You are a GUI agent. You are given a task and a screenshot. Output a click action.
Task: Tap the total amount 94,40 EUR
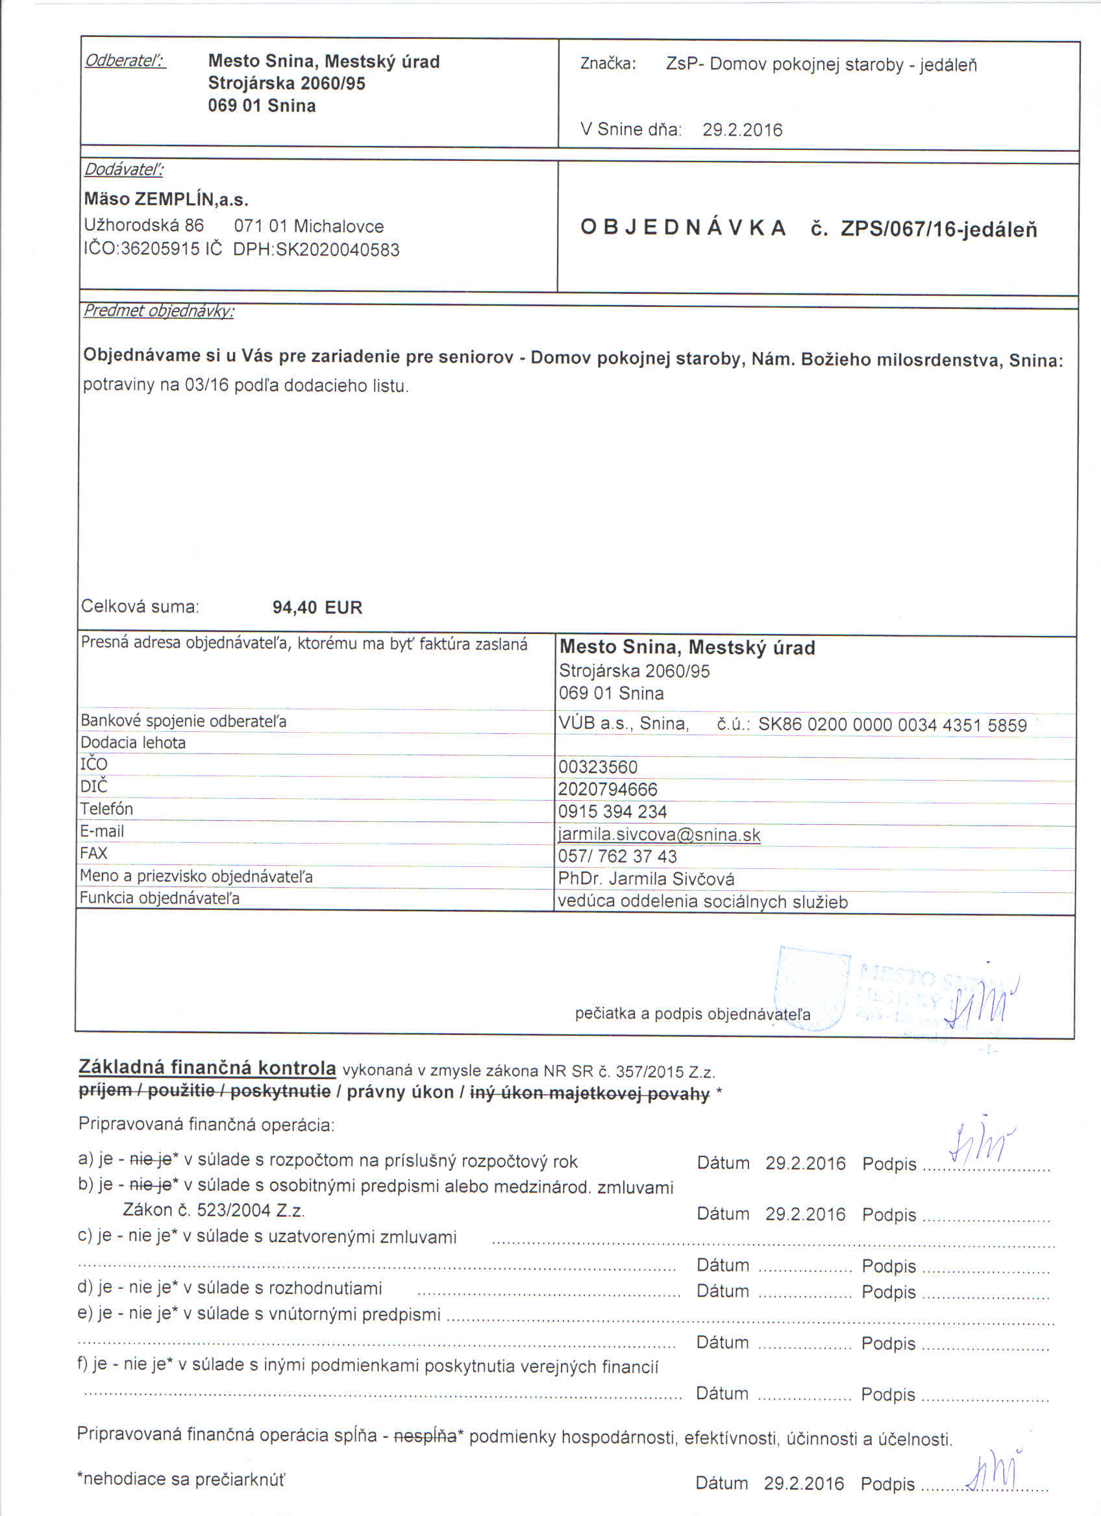tap(317, 607)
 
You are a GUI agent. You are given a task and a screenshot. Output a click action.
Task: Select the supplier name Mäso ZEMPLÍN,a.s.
tap(166, 199)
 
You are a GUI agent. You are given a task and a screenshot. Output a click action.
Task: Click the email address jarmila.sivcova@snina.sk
tap(659, 835)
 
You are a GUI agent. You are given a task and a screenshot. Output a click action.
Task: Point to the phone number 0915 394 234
tap(612, 812)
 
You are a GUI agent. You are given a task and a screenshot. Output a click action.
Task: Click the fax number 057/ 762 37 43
tap(617, 856)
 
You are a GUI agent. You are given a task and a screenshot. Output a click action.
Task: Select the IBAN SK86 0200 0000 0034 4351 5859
tap(892, 726)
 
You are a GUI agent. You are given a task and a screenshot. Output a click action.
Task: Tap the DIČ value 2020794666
tap(608, 789)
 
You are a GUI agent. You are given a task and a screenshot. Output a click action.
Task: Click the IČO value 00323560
tap(598, 767)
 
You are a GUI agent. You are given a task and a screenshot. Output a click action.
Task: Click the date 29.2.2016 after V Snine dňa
tap(742, 130)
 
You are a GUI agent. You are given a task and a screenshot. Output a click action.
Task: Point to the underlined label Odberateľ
tap(125, 61)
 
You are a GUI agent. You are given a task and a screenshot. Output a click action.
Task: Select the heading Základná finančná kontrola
tap(207, 1068)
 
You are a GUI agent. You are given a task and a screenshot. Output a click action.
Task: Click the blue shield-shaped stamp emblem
tap(811, 988)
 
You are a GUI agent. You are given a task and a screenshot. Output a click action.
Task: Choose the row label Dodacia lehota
tap(133, 742)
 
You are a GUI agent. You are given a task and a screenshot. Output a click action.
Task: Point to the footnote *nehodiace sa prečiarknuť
tap(181, 1479)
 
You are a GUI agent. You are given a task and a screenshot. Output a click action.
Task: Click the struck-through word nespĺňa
tap(425, 1435)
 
